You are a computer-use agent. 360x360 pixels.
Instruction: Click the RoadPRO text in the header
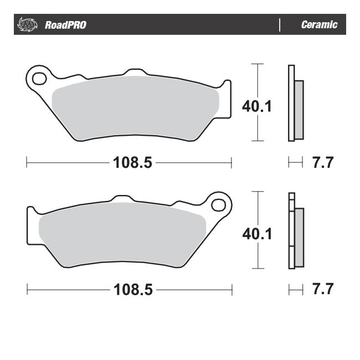65,25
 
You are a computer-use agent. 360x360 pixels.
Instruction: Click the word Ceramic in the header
319,25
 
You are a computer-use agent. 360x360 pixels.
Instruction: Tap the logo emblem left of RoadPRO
27,25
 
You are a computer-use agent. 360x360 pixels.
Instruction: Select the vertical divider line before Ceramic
281,25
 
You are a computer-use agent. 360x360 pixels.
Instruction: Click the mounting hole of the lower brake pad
219,204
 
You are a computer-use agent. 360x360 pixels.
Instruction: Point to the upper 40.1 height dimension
256,106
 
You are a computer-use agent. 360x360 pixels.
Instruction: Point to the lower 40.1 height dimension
256,234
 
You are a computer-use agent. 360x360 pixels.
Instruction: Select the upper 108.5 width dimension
128,163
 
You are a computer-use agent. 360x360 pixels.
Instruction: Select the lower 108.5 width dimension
128,290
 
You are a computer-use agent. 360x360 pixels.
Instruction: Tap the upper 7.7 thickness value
322,163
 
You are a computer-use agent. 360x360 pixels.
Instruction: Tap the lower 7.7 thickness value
322,290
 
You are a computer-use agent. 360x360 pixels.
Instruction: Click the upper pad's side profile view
295,103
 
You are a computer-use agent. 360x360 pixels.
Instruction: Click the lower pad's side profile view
295,230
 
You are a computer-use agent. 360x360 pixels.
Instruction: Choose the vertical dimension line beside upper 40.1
255,78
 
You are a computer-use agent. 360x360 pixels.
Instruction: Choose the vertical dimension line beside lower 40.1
255,205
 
